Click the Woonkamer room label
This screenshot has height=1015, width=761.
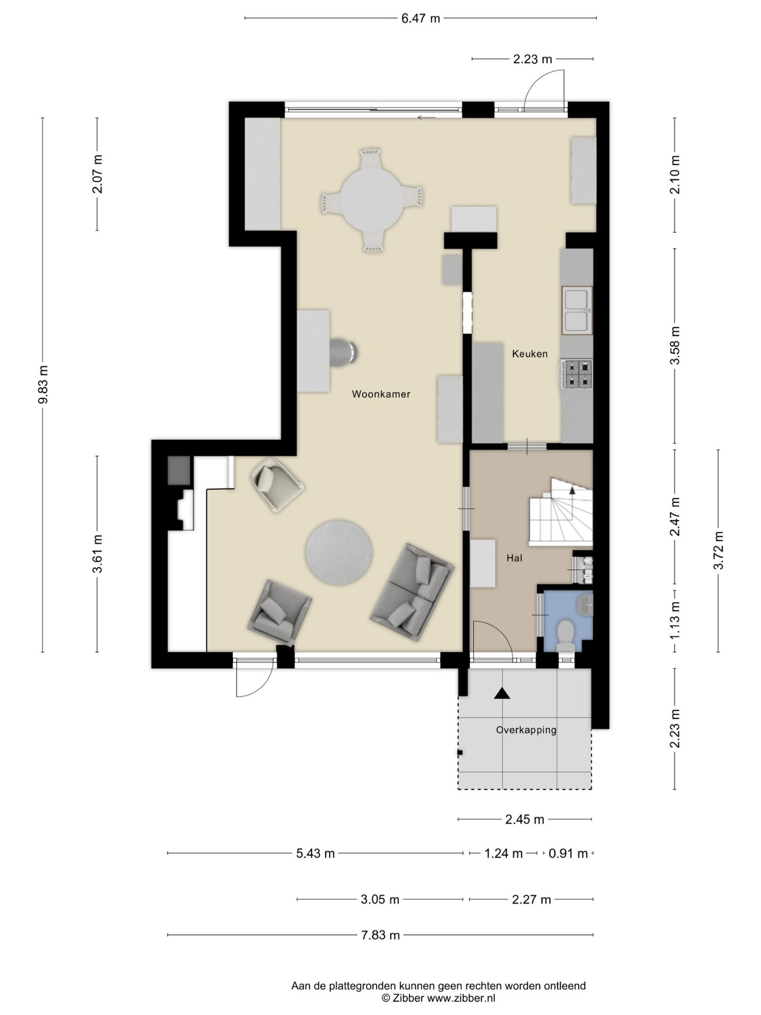click(381, 394)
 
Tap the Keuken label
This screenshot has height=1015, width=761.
click(530, 354)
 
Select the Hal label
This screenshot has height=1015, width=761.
click(514, 558)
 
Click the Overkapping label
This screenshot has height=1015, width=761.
click(526, 730)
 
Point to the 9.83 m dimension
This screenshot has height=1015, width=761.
click(43, 384)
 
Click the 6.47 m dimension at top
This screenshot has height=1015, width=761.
click(421, 18)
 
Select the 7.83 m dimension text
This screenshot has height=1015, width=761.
click(380, 935)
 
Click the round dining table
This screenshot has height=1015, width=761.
click(372, 200)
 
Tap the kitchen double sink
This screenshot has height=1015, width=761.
click(577, 310)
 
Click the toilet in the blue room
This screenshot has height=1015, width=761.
click(565, 635)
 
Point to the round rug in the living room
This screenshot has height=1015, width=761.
click(339, 553)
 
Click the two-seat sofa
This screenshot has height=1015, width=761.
click(412, 593)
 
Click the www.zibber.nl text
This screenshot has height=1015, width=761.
click(461, 998)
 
